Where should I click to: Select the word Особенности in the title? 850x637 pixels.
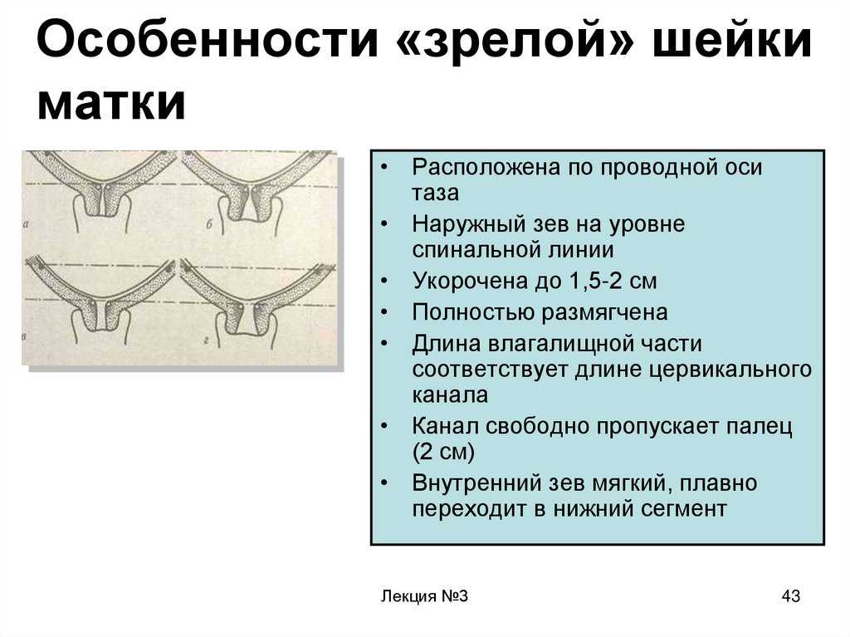[208, 39]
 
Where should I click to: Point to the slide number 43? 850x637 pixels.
[791, 595]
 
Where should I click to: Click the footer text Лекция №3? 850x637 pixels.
[424, 595]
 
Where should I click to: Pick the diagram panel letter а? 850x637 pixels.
[26, 223]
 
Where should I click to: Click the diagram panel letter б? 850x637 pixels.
[208, 224]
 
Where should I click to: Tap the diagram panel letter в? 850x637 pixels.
[24, 337]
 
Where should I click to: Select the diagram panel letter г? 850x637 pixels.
[207, 341]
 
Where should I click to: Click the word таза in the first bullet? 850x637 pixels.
[435, 193]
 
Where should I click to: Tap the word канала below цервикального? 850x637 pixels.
[450, 395]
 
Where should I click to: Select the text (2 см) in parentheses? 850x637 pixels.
[443, 452]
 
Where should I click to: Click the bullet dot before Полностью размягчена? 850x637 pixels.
[384, 311]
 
